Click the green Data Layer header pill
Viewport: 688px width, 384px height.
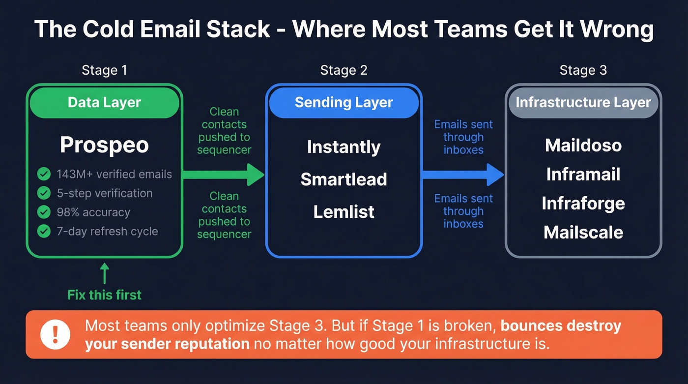[x=104, y=103]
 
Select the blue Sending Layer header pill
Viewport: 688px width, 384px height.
[x=344, y=103]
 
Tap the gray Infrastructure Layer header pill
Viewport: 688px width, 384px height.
[x=583, y=103]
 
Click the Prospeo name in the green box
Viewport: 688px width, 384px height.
[x=104, y=145]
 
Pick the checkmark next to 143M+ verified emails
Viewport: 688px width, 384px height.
[x=44, y=174]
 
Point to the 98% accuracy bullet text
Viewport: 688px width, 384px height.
[x=93, y=212]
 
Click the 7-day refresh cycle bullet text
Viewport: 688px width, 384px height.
[x=107, y=231]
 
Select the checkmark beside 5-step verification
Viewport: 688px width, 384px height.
[x=44, y=193]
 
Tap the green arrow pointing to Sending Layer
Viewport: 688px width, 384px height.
[x=224, y=175]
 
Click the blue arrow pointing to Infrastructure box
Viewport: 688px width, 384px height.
[x=463, y=175]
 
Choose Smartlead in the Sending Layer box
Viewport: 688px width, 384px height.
[x=344, y=179]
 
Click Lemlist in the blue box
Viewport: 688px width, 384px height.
[x=344, y=212]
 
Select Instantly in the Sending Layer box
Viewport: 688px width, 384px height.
[x=344, y=147]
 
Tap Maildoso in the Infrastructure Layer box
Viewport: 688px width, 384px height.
[x=583, y=145]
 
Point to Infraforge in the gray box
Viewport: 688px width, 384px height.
[x=583, y=203]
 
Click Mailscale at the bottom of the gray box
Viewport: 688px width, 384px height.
[x=583, y=232]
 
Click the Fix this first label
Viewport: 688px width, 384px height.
[x=104, y=295]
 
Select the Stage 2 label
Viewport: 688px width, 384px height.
[x=344, y=70]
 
